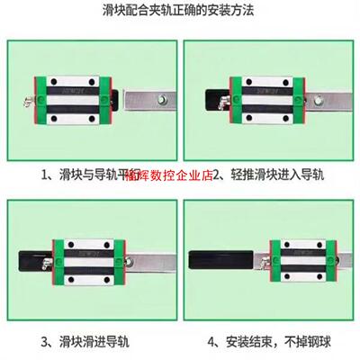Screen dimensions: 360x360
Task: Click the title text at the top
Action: [180, 12]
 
